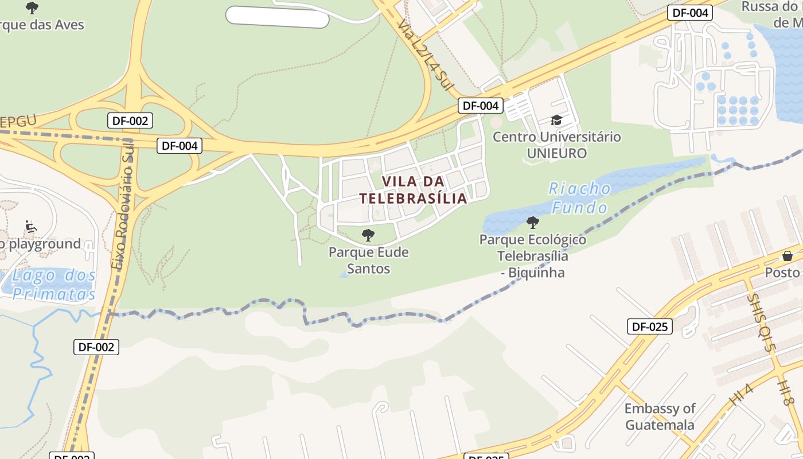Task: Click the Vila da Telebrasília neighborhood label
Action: click(x=413, y=190)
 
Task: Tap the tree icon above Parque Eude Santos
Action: click(x=368, y=235)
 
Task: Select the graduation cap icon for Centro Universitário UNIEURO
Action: click(x=556, y=120)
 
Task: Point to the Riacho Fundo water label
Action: click(x=579, y=197)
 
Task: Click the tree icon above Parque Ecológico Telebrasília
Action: click(x=533, y=222)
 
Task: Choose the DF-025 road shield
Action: click(x=649, y=327)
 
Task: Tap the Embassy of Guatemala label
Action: click(x=660, y=417)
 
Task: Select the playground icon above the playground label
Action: click(x=31, y=227)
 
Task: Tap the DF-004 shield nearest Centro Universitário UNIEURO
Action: click(x=481, y=106)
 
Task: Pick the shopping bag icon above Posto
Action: click(x=788, y=255)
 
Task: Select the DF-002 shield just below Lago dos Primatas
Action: click(x=96, y=347)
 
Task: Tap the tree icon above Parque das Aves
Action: click(x=32, y=8)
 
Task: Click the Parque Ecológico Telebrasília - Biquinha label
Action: click(x=533, y=256)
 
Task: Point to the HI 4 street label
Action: click(x=741, y=395)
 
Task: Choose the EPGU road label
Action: click(x=18, y=122)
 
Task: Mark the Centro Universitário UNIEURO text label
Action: click(x=556, y=145)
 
